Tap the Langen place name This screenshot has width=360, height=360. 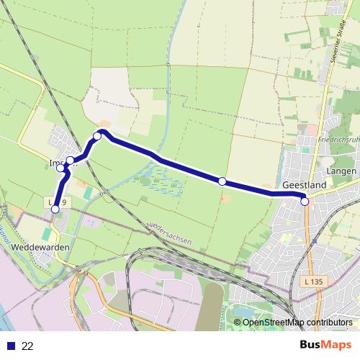click(341, 171)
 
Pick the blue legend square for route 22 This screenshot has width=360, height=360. click(9, 346)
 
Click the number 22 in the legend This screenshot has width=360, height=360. click(27, 346)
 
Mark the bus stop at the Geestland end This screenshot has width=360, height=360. click(305, 202)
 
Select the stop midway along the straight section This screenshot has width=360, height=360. click(222, 181)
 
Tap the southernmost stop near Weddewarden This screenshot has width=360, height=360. click(55, 210)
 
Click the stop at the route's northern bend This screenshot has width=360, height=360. click(97, 135)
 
